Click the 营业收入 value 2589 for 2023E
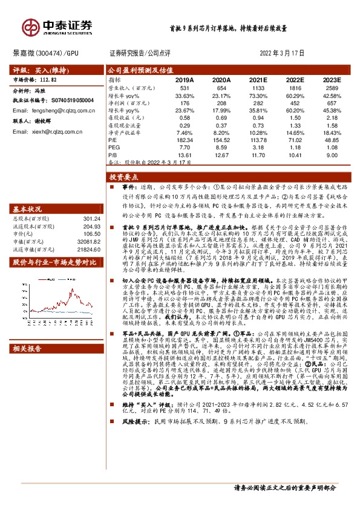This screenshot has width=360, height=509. pos(331,88)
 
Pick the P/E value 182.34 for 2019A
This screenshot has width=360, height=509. pos(184,138)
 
